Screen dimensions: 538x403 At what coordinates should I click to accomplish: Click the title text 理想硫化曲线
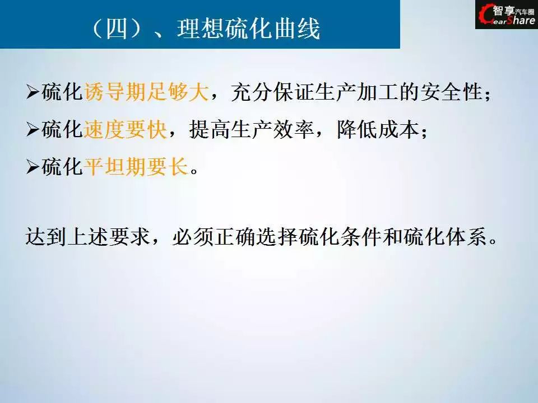click(249, 28)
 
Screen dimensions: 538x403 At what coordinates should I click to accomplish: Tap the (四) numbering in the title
click(117, 28)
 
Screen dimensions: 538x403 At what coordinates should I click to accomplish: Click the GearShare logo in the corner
click(507, 15)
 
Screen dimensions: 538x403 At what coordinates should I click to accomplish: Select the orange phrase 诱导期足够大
click(146, 92)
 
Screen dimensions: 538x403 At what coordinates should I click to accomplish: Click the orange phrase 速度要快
click(125, 129)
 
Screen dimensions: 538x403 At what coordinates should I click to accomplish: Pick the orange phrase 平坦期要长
click(136, 167)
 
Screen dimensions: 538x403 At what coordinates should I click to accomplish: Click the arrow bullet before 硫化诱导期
click(33, 92)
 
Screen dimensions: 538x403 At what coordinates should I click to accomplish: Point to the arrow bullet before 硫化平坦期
click(33, 167)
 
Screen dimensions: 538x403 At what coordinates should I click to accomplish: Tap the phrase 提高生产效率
click(252, 129)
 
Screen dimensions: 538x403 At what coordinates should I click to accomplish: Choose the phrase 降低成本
click(378, 129)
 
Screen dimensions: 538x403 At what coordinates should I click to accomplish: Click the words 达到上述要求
click(88, 236)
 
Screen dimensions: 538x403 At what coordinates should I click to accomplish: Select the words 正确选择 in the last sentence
click(256, 236)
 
